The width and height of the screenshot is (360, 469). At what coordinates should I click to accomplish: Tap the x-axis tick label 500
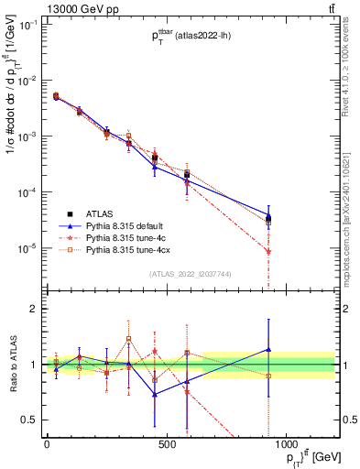166,445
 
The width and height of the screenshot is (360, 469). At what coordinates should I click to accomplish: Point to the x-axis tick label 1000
287,445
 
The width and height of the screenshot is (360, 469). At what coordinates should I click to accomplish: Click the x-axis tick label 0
46,445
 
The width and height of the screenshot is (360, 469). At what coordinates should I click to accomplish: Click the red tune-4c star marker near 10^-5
267,252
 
